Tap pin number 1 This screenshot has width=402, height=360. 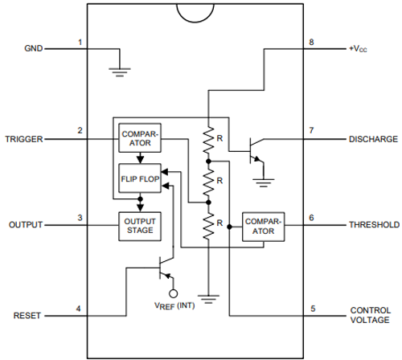pyautogui.click(x=79, y=42)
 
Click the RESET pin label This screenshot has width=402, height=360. pyautogui.click(x=30, y=316)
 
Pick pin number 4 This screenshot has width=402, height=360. pyautogui.click(x=79, y=309)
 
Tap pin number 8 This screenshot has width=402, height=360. pyautogui.click(x=312, y=42)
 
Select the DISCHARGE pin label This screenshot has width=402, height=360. pyautogui.click(x=373, y=138)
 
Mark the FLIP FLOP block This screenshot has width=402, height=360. pyautogui.click(x=139, y=177)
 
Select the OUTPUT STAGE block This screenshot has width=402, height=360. pyautogui.click(x=139, y=224)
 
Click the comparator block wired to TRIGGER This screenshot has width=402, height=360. pyautogui.click(x=139, y=138)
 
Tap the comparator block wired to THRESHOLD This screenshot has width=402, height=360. pyautogui.click(x=263, y=226)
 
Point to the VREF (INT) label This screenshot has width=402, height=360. pyautogui.click(x=172, y=305)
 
